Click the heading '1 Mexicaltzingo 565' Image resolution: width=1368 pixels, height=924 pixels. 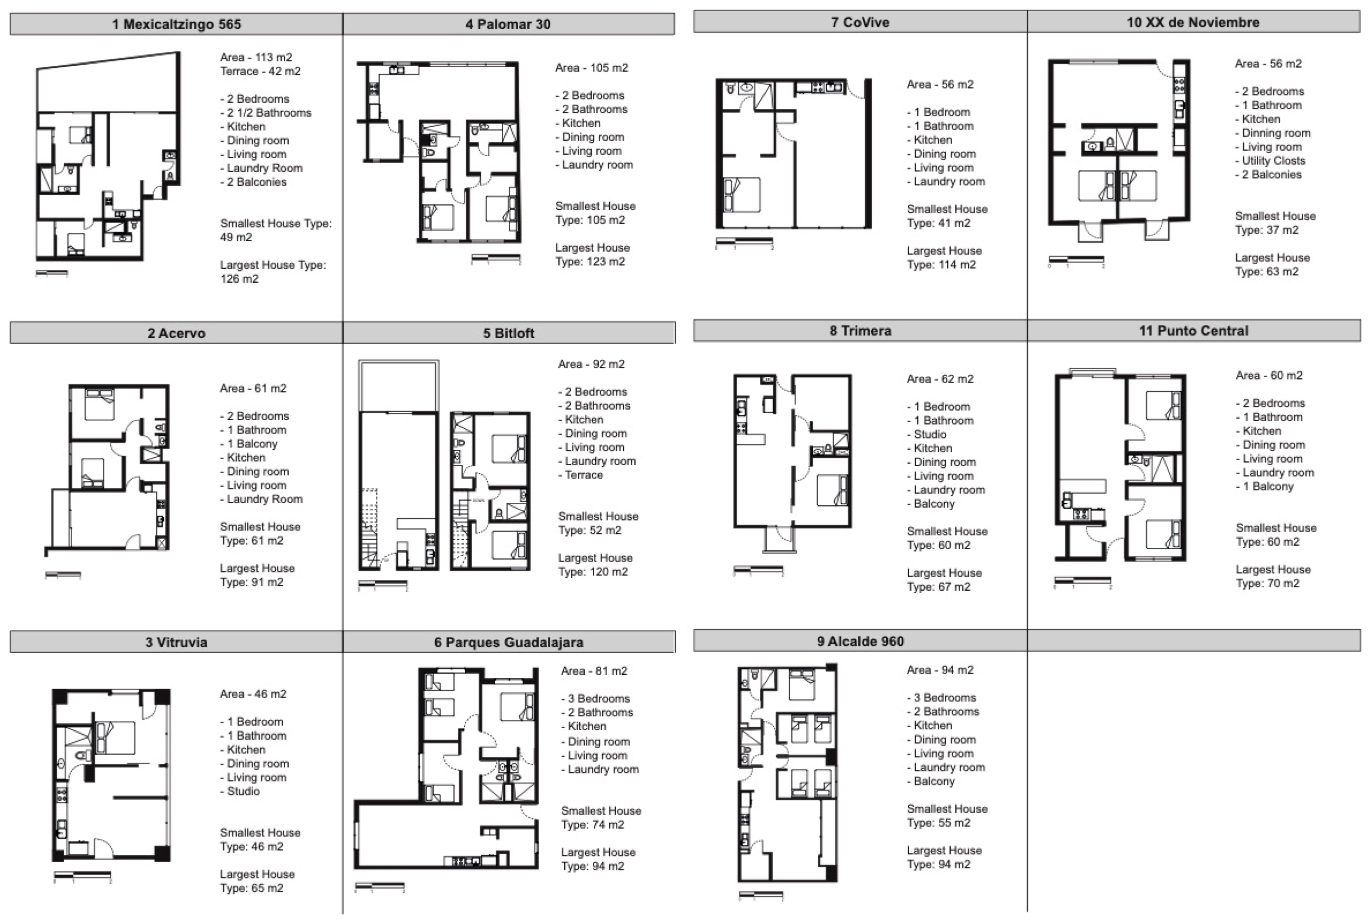176,24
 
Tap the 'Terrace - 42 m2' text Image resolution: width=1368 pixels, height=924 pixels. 260,71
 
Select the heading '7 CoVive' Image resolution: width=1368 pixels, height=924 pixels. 859,22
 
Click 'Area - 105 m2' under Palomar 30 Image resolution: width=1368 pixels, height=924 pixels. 591,68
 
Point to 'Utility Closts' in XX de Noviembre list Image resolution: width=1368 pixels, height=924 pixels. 1273,161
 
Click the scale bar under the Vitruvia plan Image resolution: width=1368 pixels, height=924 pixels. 83,875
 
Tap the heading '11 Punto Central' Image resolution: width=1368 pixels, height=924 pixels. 1193,331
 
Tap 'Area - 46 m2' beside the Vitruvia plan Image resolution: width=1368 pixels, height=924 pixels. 253,694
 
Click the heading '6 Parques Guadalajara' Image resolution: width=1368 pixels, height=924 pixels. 509,642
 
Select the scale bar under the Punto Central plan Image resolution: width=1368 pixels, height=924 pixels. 1082,581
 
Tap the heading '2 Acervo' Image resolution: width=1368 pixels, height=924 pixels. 176,333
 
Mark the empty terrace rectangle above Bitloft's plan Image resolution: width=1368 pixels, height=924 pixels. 398,386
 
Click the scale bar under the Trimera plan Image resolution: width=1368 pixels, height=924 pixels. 758,569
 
